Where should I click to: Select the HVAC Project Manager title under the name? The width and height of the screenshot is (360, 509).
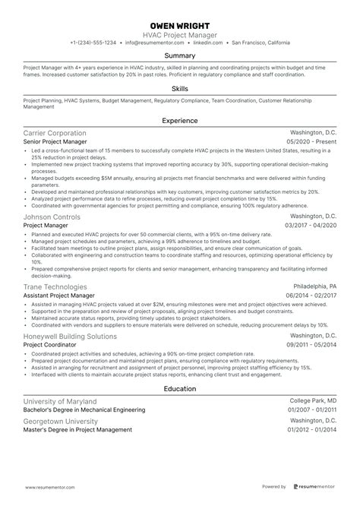click(x=180, y=35)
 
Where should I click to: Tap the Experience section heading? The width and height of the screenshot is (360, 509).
click(x=180, y=120)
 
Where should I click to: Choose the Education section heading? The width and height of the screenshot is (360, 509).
click(x=180, y=389)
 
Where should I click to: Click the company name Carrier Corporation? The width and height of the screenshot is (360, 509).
click(x=55, y=133)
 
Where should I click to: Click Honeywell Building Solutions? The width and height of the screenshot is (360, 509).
click(x=70, y=336)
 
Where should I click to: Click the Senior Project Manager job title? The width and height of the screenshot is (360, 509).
click(x=56, y=142)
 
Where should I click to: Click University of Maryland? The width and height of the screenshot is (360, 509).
click(x=60, y=401)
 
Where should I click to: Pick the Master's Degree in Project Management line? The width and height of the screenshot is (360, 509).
click(x=77, y=429)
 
